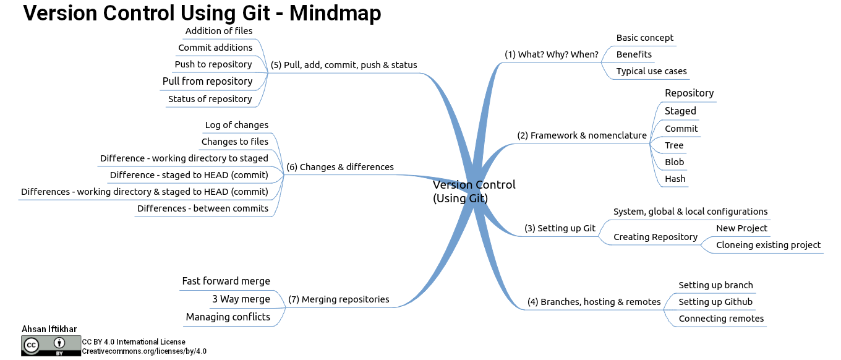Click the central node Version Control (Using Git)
point(474,192)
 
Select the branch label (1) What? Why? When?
point(551,54)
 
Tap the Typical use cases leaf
point(651,71)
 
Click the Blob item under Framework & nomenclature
point(674,162)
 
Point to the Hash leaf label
point(675,179)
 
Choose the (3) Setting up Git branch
point(560,228)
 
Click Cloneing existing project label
point(768,245)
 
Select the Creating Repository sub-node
point(655,238)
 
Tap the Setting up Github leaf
point(715,302)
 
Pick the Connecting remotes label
point(721,319)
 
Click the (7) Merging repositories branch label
point(339,299)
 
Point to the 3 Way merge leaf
point(241,299)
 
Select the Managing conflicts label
point(228,317)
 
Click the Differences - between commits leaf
point(203,208)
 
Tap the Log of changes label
point(236,125)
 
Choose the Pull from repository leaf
point(208,82)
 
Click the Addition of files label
point(219,31)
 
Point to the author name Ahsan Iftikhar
point(49,329)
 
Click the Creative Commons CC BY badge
point(51,346)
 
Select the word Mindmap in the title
point(335,13)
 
